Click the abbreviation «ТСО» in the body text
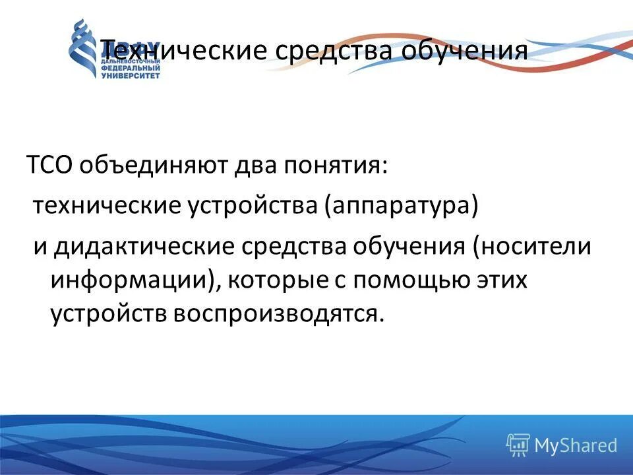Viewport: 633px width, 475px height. [51, 164]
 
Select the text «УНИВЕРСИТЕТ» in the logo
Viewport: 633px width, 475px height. [130, 76]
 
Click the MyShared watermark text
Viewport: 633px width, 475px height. [576, 446]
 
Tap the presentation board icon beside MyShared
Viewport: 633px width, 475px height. [518, 445]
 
